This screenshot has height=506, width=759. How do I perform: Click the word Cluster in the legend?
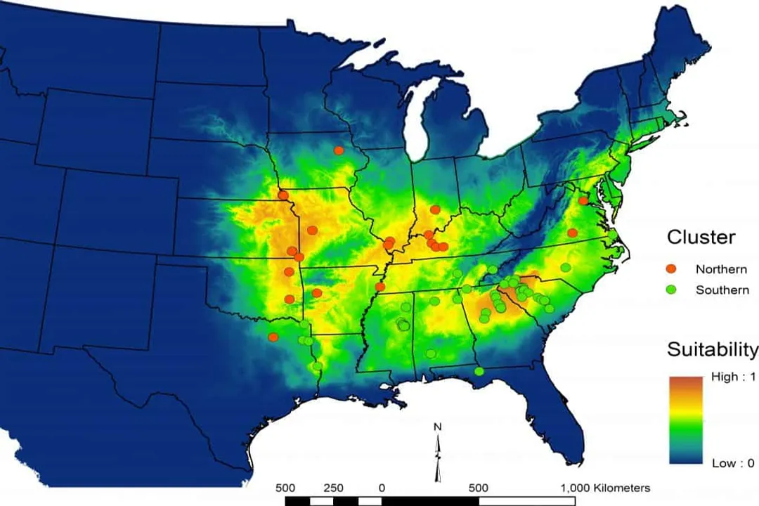[x=701, y=237]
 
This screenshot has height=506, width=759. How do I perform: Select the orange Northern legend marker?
[x=671, y=269]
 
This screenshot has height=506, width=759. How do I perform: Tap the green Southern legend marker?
[x=671, y=290]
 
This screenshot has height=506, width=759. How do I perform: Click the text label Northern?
[x=721, y=269]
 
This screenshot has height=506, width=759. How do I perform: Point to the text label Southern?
[x=722, y=290]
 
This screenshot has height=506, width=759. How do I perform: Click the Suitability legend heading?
[x=712, y=349]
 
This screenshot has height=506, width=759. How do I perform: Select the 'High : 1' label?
[x=734, y=377]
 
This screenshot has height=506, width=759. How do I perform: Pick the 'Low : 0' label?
[x=733, y=463]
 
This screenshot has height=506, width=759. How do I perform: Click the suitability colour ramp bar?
[x=685, y=420]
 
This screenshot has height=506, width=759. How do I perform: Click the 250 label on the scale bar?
[x=333, y=488]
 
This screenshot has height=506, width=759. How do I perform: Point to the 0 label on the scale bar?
[x=382, y=488]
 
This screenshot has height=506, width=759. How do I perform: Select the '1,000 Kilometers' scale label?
[x=605, y=488]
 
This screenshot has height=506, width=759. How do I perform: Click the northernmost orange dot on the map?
[x=339, y=150]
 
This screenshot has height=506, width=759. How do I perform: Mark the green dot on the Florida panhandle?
[x=479, y=371]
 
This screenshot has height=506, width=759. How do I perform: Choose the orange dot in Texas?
[x=273, y=337]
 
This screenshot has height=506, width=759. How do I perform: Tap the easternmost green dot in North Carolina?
[x=566, y=267]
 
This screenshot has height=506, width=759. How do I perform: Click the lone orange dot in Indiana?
[x=435, y=209]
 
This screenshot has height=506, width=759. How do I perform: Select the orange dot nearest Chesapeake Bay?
[x=583, y=201]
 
